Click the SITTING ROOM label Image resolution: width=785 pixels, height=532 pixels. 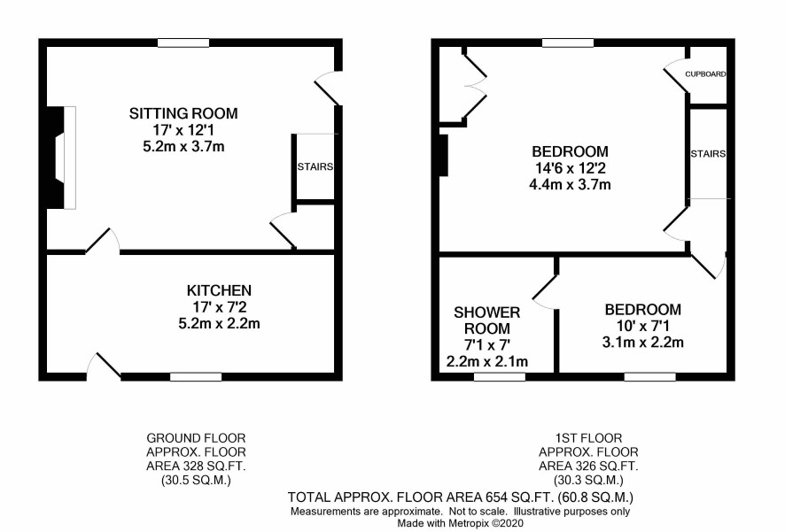pos(183,113)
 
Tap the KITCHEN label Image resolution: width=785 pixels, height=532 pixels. pos(219,290)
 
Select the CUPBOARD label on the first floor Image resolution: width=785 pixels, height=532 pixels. pos(705,74)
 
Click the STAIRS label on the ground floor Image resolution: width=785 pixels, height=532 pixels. pos(315,166)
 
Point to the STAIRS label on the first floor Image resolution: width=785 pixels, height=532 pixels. pos(708,153)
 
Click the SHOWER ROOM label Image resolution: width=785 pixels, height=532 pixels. pos(486,320)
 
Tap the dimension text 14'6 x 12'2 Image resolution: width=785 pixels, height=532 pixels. pos(570,168)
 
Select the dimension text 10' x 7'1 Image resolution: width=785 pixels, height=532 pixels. pos(643,326)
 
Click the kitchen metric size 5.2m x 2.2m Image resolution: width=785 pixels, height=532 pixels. pos(219,323)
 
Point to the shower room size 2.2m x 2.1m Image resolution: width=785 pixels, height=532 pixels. pos(486,361)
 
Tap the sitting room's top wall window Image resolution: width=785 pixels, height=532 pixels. pos(183,43)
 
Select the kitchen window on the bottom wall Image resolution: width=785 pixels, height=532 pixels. pos(196,376)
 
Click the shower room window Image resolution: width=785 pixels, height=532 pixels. pos(500,376)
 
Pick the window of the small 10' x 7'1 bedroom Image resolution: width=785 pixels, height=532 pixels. pos(649,376)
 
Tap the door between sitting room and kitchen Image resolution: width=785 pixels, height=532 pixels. pos(103,242)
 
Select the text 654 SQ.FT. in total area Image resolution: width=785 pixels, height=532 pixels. pos(518,497)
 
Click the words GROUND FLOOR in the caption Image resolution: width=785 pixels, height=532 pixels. pos(196,438)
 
